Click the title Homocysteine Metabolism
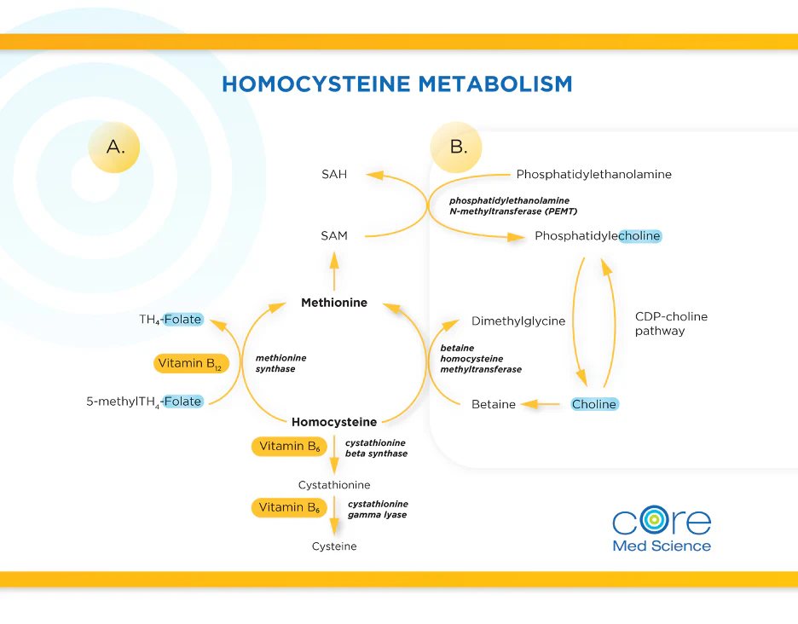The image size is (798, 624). click(396, 84)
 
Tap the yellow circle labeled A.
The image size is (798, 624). click(114, 147)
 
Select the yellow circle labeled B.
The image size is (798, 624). click(457, 147)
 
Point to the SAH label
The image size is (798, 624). click(334, 174)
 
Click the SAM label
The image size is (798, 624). click(334, 235)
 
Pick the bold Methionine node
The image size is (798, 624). click(334, 303)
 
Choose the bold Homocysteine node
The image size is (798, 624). click(334, 422)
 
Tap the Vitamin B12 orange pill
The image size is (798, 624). click(192, 363)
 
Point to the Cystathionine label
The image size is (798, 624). click(334, 485)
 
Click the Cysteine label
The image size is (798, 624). click(334, 546)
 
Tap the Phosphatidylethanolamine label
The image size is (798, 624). click(593, 174)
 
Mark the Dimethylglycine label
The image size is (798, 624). click(518, 321)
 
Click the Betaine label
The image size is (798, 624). click(494, 404)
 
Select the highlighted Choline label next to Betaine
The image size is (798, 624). click(594, 404)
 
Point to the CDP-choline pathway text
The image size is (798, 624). click(671, 323)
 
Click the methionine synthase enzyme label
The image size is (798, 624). click(280, 363)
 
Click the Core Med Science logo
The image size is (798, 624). click(662, 529)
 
